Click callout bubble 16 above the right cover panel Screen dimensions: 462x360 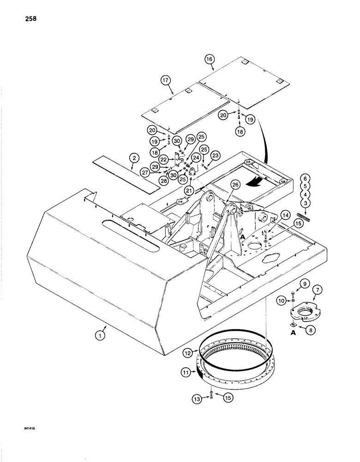click(210, 60)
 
